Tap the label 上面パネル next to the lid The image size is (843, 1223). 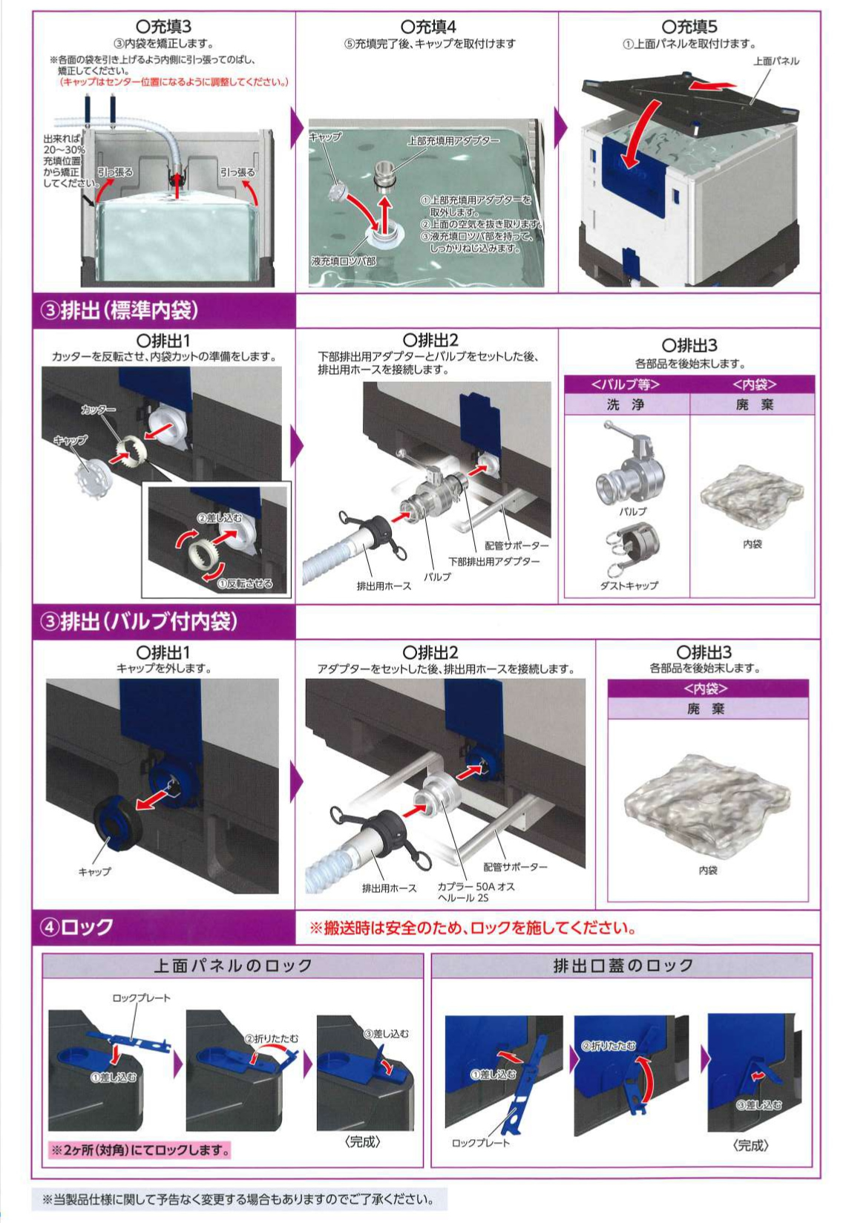pyautogui.click(x=776, y=61)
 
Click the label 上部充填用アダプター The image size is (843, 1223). pyautogui.click(x=453, y=140)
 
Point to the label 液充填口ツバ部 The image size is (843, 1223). pyautogui.click(x=344, y=261)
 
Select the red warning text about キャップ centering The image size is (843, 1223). pyautogui.click(x=173, y=82)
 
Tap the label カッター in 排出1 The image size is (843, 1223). pyautogui.click(x=99, y=409)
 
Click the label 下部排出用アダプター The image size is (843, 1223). pyautogui.click(x=493, y=561)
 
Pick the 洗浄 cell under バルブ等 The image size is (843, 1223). pyautogui.click(x=626, y=404)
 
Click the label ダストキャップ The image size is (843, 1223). pyautogui.click(x=629, y=586)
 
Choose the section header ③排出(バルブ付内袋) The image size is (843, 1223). pyautogui.click(x=140, y=621)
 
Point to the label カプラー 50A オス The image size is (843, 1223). pyautogui.click(x=476, y=887)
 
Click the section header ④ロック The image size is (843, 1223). pyautogui.click(x=77, y=927)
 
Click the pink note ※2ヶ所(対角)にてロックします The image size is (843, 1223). pyautogui.click(x=140, y=1150)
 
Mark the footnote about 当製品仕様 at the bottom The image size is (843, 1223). pyautogui.click(x=239, y=1199)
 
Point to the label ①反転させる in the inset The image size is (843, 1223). pyautogui.click(x=246, y=583)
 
